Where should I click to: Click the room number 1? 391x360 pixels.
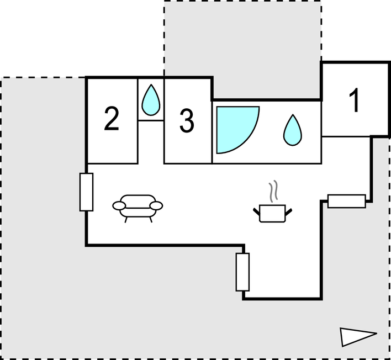click(355, 100)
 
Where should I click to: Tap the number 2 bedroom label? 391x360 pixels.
click(112, 118)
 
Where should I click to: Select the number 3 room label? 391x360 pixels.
click(187, 121)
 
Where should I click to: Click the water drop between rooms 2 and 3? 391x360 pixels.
click(151, 100)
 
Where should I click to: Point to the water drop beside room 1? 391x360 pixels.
click(293, 130)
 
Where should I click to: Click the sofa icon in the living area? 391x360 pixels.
click(138, 208)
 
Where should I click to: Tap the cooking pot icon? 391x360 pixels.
click(273, 213)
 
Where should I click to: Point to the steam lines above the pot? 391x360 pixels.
click(273, 191)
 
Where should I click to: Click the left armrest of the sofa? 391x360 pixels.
click(119, 206)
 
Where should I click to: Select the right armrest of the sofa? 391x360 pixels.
click(156, 206)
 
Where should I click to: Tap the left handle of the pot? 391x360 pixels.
click(256, 211)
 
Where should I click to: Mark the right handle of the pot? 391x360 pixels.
click(289, 212)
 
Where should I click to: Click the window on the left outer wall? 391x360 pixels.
click(86, 192)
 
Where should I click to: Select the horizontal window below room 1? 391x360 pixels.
click(347, 201)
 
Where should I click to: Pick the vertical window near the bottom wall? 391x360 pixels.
click(242, 272)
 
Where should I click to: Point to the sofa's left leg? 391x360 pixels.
click(126, 220)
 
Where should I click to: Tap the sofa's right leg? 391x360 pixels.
click(151, 220)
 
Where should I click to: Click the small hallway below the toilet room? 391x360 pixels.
click(151, 142)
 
